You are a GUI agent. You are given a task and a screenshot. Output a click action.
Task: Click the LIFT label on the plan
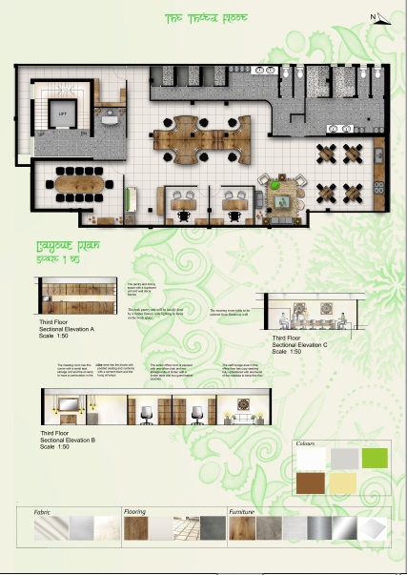63,113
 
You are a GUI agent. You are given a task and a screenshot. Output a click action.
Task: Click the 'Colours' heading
305,444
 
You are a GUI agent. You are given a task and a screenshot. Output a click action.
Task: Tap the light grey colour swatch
343,459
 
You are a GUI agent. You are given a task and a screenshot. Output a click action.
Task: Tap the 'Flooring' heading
135,511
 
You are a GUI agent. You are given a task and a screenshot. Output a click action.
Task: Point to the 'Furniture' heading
242,511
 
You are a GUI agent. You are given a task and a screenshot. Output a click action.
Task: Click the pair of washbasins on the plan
339,126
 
